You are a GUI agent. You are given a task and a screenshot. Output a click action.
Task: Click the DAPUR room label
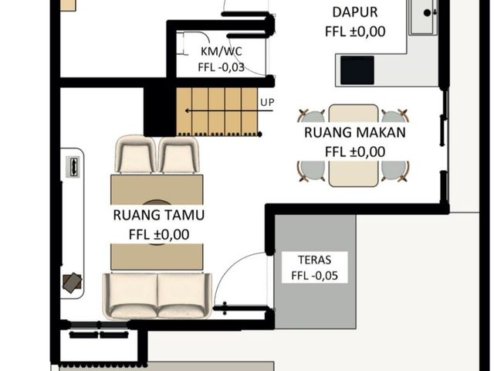click(355, 12)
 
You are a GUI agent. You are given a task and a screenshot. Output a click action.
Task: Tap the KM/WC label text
click(222, 51)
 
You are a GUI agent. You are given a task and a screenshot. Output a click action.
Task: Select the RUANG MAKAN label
click(355, 132)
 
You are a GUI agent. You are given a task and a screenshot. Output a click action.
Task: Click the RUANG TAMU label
click(159, 215)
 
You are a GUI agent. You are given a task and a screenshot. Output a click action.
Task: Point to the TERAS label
click(314, 260)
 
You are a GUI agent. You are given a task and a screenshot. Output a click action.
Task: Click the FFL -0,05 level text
click(314, 276)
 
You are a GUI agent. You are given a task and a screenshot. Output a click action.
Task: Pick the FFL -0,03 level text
click(222, 67)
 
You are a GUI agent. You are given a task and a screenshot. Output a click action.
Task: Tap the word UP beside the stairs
click(267, 103)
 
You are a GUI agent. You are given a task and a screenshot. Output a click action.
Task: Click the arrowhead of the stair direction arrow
click(187, 111)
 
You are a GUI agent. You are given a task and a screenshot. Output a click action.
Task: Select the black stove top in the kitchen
click(357, 70)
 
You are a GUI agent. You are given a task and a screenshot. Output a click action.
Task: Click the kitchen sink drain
click(427, 13)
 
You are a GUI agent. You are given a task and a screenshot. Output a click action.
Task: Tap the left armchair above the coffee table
click(136, 154)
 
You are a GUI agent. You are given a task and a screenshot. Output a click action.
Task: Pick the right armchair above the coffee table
click(178, 155)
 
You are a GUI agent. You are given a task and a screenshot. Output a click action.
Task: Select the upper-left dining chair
click(311, 116)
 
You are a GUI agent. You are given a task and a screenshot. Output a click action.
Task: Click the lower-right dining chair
click(395, 172)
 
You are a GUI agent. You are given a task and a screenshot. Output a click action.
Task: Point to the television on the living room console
click(73, 167)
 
